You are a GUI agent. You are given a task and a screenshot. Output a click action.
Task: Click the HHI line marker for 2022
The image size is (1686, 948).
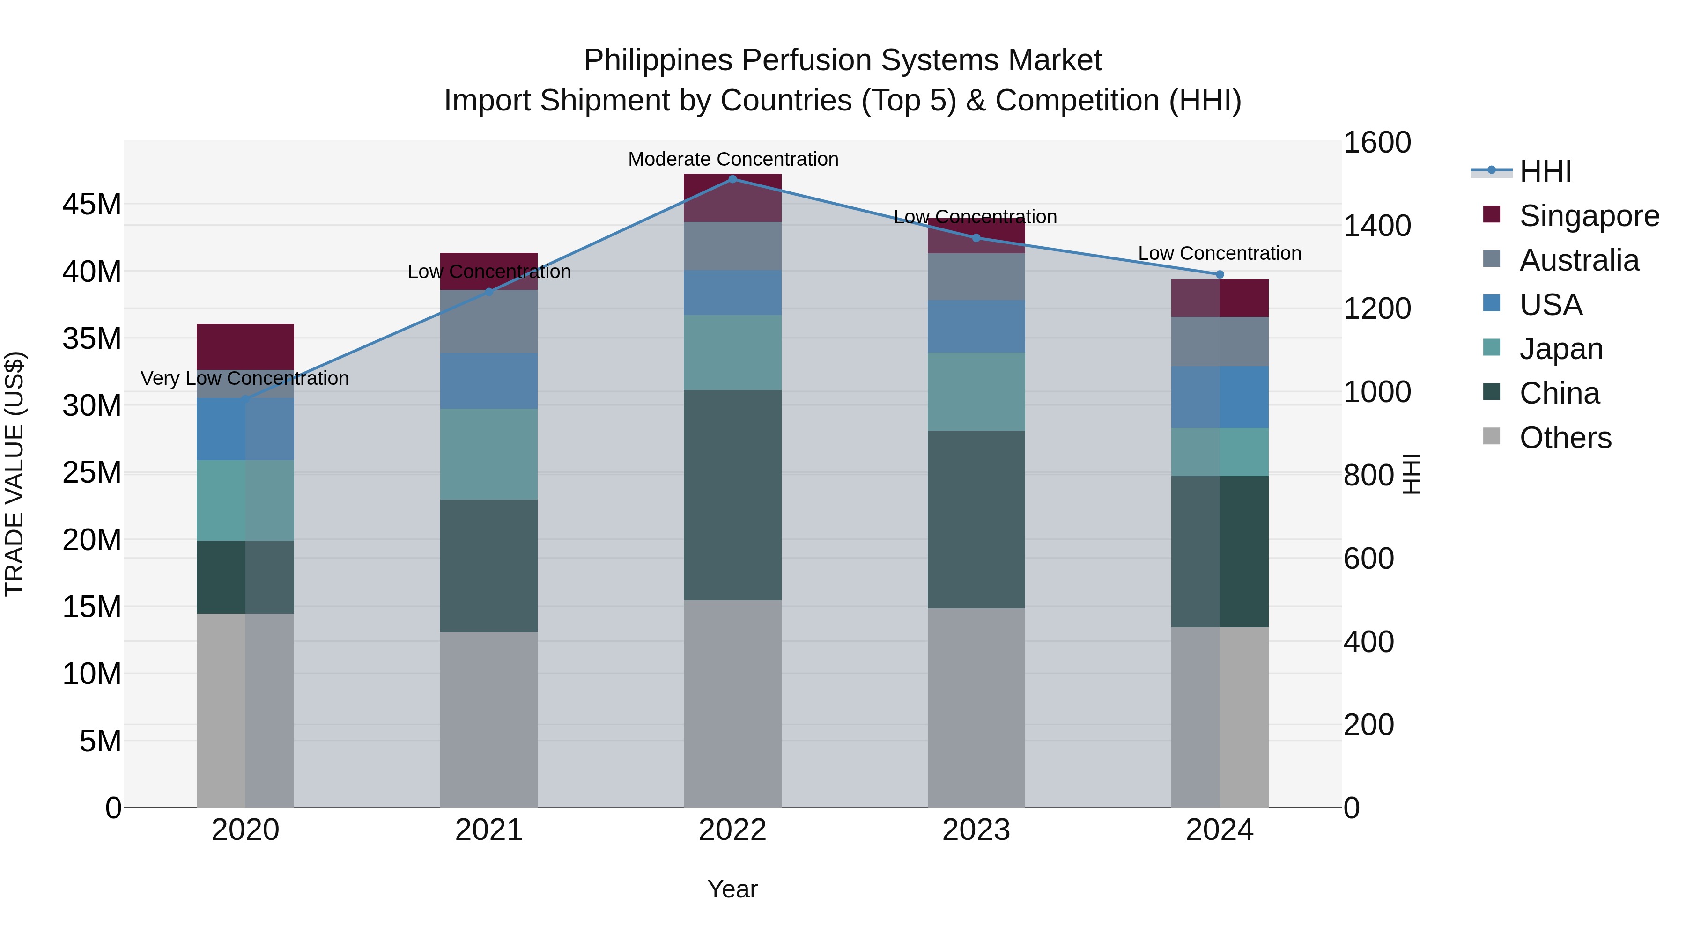pos(732,179)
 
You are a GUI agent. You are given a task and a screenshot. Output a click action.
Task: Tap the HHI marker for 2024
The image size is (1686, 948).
pos(1220,274)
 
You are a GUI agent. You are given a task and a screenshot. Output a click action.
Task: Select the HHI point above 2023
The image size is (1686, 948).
pos(976,237)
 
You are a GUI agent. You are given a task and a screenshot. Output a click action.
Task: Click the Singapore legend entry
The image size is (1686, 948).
pos(1589,216)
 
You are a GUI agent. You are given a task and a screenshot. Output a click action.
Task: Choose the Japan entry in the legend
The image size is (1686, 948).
pos(1561,349)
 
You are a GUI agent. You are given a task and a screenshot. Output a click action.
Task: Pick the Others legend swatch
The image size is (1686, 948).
pos(1492,436)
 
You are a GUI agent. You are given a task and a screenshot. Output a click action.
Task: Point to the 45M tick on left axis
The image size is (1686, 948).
pos(92,205)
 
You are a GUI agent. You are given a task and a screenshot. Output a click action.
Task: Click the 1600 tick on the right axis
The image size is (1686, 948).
pos(1377,143)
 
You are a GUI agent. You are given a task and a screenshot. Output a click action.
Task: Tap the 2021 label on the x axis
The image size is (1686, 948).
pos(489,830)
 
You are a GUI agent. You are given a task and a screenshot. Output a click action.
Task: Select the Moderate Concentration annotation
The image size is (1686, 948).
pos(733,159)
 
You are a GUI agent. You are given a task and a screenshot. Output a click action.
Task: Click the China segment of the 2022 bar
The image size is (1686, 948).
pos(732,495)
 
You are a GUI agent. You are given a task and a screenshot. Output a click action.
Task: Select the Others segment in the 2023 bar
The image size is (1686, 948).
pos(976,706)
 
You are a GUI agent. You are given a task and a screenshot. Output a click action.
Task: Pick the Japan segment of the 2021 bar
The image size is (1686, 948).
pos(489,454)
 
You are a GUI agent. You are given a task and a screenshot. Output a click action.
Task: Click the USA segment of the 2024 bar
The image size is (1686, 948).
pos(1220,397)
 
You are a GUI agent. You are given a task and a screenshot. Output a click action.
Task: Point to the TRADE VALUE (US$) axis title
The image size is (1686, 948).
pos(15,474)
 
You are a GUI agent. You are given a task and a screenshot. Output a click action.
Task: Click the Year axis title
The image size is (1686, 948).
pos(732,889)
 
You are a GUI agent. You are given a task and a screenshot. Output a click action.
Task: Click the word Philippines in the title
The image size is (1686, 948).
pos(658,60)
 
